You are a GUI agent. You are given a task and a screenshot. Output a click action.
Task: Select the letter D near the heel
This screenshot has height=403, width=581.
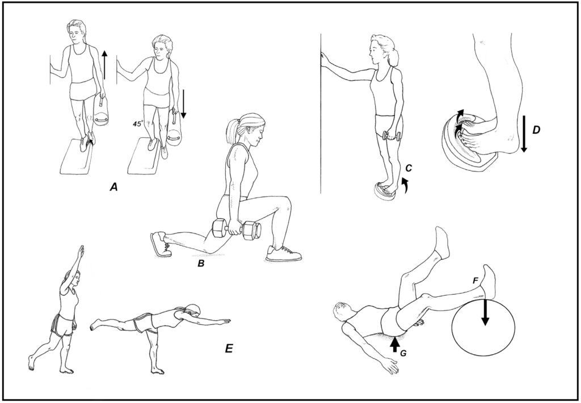(536, 130)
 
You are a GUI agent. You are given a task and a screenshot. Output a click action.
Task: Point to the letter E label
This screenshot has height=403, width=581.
(229, 349)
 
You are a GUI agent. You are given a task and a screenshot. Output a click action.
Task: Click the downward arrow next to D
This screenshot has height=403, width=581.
(523, 133)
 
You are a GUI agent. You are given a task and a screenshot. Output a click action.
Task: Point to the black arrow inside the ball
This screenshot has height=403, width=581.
(485, 313)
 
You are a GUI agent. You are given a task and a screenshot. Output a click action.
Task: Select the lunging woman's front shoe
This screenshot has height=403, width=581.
(283, 253)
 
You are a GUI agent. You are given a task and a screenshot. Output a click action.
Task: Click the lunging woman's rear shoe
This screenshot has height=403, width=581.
(160, 244)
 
